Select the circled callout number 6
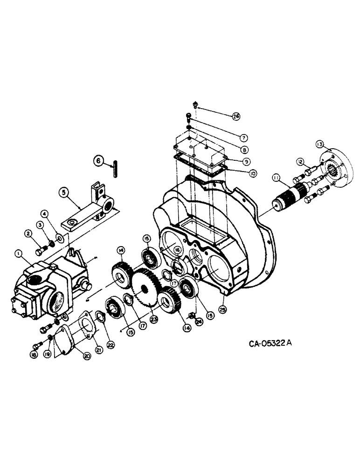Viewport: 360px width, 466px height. click(x=98, y=161)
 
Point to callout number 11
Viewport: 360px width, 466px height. click(x=276, y=178)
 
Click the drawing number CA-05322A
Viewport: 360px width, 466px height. click(x=270, y=344)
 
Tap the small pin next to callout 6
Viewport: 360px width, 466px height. click(x=114, y=169)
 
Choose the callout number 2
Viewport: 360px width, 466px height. click(x=28, y=233)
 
